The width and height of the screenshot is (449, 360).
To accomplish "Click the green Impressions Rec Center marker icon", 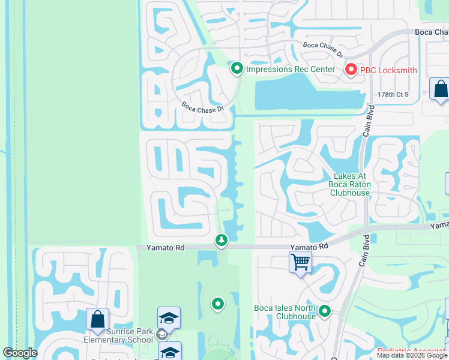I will coord(237,69).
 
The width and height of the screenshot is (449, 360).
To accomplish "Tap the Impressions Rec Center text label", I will coord(291,69).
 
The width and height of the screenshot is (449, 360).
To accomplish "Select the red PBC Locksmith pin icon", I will coord(351,70).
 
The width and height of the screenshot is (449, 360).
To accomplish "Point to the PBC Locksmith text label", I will coord(388,70).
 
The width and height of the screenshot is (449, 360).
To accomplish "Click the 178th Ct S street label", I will coord(393,95).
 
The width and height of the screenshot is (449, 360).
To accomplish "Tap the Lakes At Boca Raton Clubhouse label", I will coord(349,184).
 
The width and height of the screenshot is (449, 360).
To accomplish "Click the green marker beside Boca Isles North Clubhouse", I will coord(325,311).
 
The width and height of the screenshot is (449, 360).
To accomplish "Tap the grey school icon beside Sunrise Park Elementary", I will coord(161,335).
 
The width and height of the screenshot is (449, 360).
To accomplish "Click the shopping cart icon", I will coord(300,262).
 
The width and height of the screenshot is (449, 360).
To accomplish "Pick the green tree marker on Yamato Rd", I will coord(221,241).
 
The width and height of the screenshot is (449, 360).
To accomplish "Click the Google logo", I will coord(20,353).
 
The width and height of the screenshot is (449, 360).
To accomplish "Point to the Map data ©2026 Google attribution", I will coord(412,355).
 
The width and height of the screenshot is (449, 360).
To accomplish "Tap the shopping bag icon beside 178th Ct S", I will coord(440,89).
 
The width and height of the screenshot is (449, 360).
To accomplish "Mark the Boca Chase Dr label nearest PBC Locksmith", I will coord(322,49).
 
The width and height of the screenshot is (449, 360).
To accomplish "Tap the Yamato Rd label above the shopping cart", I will coord(309,247).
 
